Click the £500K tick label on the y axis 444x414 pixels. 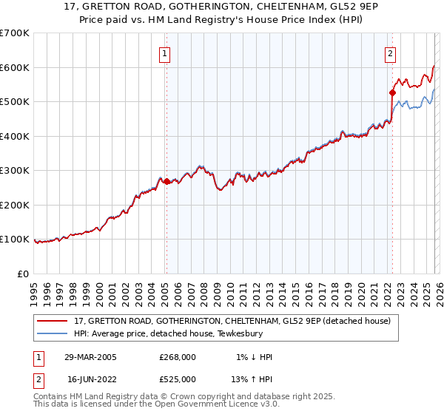click(15, 101)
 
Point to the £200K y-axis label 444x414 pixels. click(15, 205)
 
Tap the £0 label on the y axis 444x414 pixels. click(23, 274)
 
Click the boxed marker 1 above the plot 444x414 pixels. click(164, 52)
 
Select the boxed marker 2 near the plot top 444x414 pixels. click(390, 52)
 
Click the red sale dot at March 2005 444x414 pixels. click(167, 181)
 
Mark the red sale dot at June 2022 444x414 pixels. click(392, 92)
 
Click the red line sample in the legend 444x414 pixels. click(53, 322)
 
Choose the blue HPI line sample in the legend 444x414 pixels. click(53, 333)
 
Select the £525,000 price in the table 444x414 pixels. click(177, 379)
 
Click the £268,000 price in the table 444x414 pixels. click(177, 357)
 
